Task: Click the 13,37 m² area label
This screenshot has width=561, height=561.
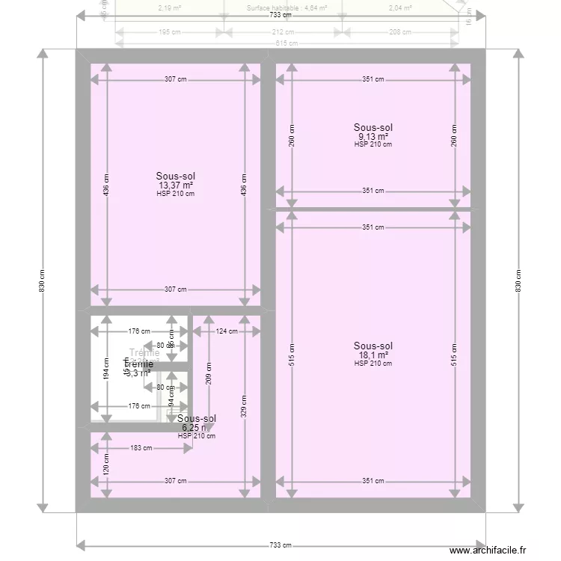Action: (176, 186)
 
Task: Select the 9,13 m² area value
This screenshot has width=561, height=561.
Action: (373, 137)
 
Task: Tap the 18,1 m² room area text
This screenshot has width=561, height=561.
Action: (373, 355)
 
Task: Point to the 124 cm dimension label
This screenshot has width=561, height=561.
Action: (227, 331)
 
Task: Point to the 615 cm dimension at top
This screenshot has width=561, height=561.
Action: (280, 43)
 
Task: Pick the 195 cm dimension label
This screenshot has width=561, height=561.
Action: (169, 32)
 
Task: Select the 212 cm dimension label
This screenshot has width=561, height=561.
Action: (282, 32)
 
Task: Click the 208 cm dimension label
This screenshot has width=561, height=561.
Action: (399, 32)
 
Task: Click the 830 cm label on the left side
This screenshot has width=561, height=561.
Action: (43, 280)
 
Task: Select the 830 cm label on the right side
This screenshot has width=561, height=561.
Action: (518, 280)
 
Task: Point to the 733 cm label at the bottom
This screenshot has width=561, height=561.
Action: (280, 545)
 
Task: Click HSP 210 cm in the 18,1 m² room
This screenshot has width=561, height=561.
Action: (373, 364)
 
